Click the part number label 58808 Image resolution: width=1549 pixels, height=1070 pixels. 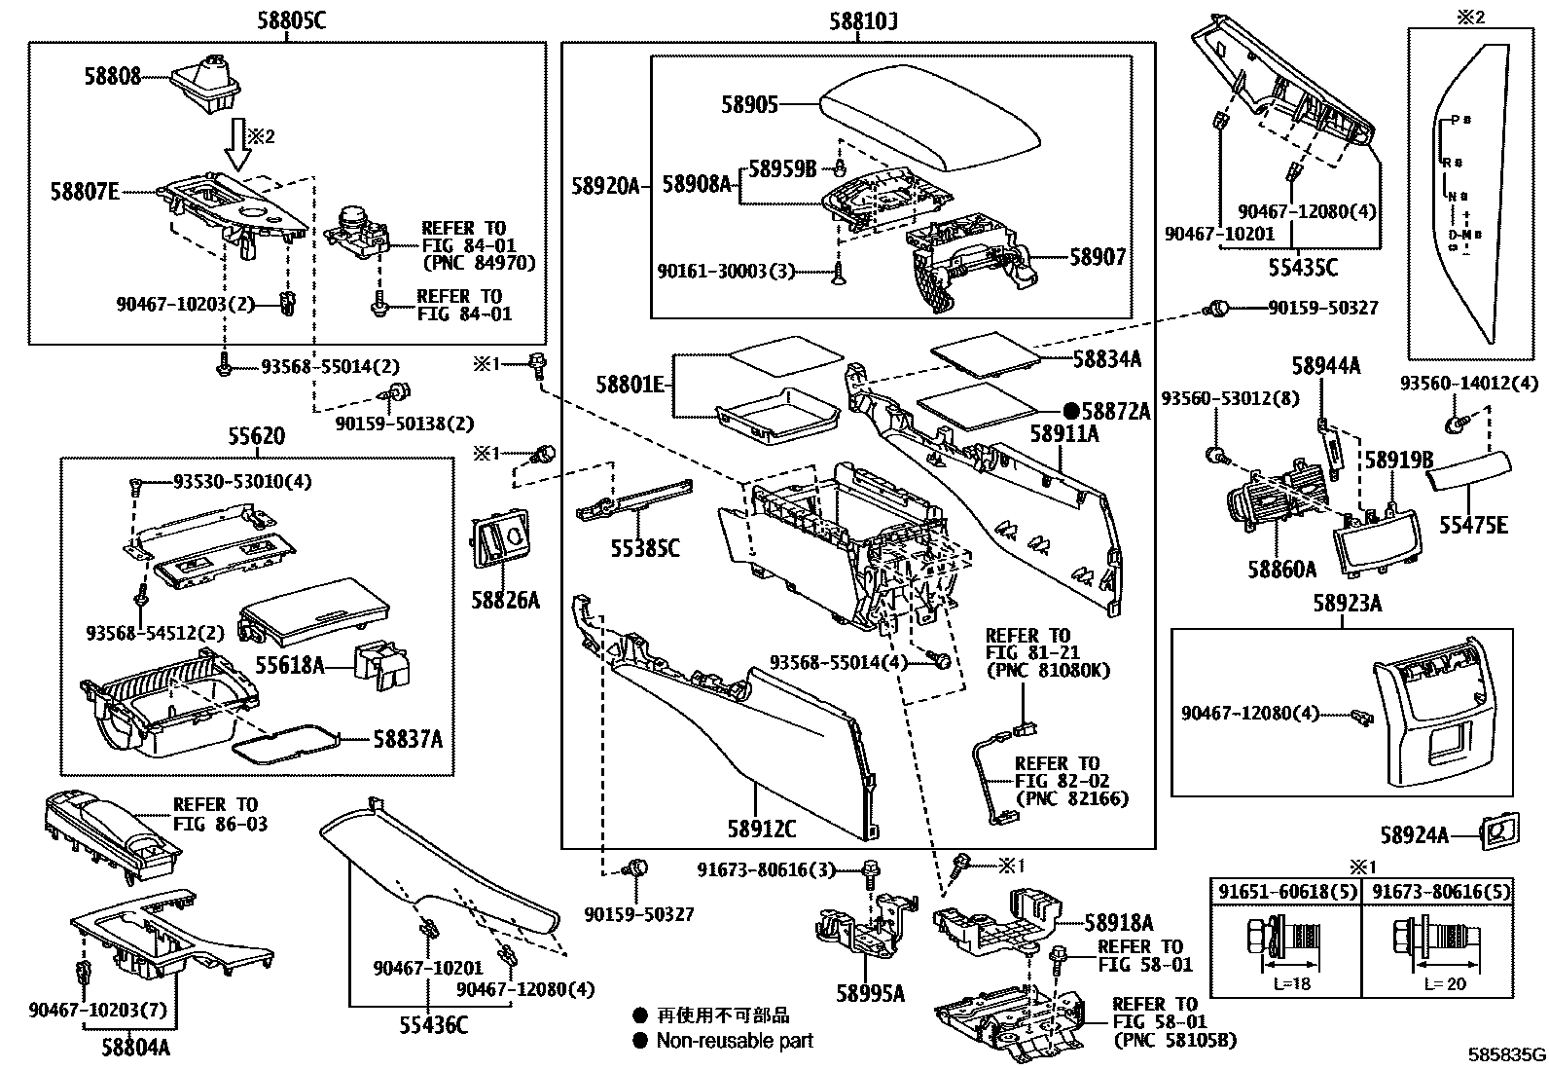click(x=111, y=76)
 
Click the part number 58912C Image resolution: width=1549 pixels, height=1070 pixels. click(x=761, y=830)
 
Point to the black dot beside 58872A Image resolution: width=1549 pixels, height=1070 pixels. click(x=1070, y=412)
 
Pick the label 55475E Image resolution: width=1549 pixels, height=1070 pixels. click(x=1474, y=526)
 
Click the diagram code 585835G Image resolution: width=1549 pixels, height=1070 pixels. click(x=1506, y=1054)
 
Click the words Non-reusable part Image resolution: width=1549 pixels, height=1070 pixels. click(x=735, y=1041)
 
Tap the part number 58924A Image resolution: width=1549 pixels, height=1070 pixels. click(x=1414, y=834)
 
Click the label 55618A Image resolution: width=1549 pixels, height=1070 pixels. click(x=289, y=665)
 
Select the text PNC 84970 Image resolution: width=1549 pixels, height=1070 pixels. click(x=479, y=263)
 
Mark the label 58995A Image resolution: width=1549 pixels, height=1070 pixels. click(x=871, y=993)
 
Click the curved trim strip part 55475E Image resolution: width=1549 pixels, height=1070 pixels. click(x=1469, y=468)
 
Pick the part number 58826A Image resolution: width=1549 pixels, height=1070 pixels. click(x=505, y=600)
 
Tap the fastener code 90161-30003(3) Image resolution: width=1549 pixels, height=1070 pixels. click(x=726, y=272)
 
